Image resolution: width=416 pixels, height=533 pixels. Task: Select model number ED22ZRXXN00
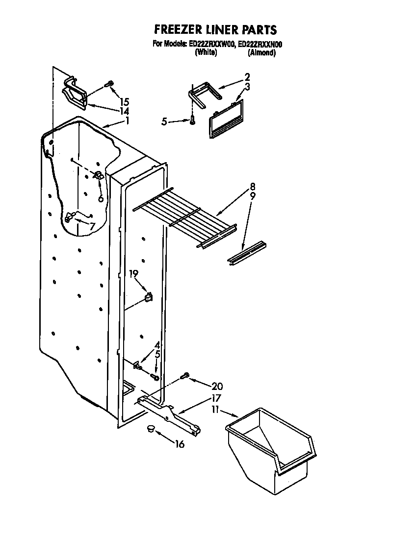(x=260, y=44)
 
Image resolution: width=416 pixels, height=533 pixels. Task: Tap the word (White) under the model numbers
(x=206, y=52)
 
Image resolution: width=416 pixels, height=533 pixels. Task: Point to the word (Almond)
(x=261, y=52)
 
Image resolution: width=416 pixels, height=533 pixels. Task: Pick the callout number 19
(x=134, y=274)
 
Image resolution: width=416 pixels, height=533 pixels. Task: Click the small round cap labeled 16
(x=151, y=429)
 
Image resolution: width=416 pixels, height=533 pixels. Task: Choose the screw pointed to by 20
(x=184, y=376)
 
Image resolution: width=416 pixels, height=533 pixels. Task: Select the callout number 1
(x=127, y=121)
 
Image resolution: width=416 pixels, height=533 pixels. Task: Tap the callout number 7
(x=92, y=225)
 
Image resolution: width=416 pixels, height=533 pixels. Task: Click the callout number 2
(x=247, y=76)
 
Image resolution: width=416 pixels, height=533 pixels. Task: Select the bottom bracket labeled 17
(x=169, y=414)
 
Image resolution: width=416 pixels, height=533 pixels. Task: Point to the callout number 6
(x=101, y=198)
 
